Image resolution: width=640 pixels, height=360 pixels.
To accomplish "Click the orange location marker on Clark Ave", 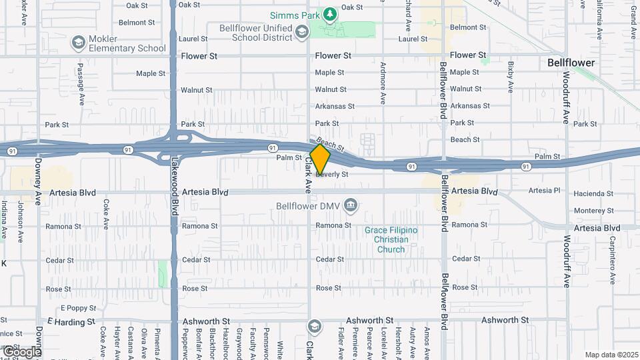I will [320, 160].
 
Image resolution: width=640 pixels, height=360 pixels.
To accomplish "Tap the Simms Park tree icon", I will [329, 14].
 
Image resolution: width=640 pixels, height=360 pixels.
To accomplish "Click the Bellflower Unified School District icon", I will [301, 31].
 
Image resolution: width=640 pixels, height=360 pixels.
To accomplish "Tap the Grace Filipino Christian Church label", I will [391, 240].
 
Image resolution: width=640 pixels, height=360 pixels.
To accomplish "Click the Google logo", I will [21, 351].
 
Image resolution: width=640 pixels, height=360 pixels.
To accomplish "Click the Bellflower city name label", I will [571, 63].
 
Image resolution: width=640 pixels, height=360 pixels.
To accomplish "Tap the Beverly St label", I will [332, 174].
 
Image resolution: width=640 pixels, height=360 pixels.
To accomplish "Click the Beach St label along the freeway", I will [331, 144].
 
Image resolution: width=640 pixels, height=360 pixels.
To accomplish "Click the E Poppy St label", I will [79, 308].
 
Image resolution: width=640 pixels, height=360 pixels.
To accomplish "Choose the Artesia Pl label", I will [545, 191].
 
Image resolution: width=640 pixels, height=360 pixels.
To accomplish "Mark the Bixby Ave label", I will [511, 77].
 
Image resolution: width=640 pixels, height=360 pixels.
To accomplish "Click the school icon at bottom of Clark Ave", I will [314, 326].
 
